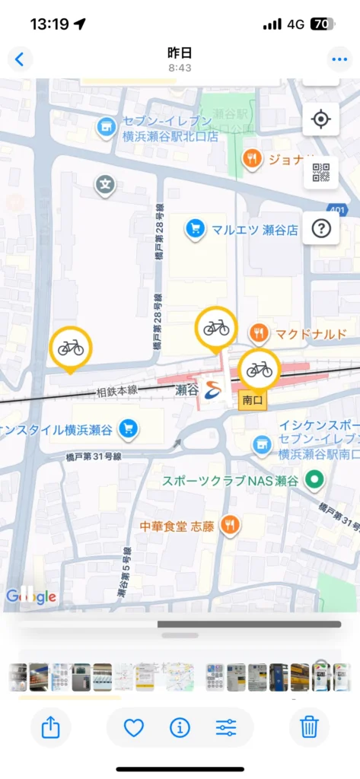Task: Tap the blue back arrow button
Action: point(20,59)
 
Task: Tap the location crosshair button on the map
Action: point(320,119)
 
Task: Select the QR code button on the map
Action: point(320,173)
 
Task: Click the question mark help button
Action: point(320,227)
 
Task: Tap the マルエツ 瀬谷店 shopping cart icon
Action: point(196,227)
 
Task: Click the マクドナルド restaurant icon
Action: point(260,332)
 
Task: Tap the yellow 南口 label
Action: point(252,399)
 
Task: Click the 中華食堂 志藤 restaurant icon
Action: point(229,525)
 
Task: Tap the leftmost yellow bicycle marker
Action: point(71,348)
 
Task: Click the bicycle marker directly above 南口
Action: point(259,369)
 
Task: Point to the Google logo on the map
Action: point(31,596)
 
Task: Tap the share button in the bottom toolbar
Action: point(50,727)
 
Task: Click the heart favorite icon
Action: point(134,727)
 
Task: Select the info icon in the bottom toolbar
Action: point(180,727)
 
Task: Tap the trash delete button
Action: point(309,727)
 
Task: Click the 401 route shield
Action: point(337,209)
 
